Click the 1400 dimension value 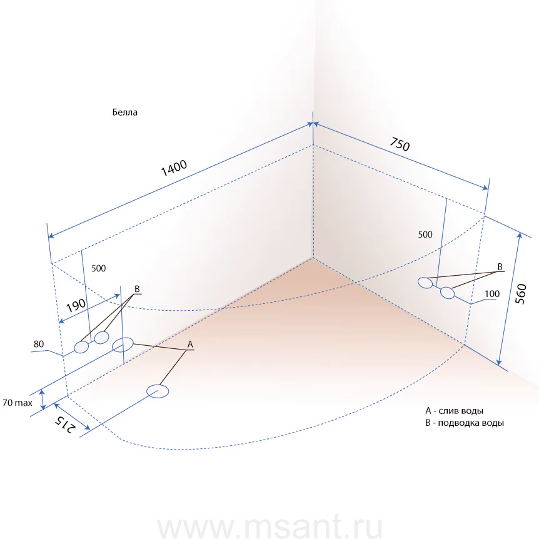point(174,168)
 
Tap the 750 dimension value point(400,144)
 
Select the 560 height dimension point(521,294)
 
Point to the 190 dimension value point(76,305)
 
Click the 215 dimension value point(64,425)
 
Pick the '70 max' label point(17,403)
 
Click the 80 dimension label point(39,344)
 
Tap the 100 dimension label point(492,294)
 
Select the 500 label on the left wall point(99,268)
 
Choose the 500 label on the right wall point(425,234)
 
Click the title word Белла point(125,113)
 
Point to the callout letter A point(190,345)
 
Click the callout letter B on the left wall point(137,289)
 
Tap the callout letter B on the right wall point(500,267)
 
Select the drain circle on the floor point(158,391)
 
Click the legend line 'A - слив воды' point(454,411)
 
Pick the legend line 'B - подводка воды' point(465,423)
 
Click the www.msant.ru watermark point(270,526)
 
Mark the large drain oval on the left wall point(123,345)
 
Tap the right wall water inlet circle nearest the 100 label point(448,293)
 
